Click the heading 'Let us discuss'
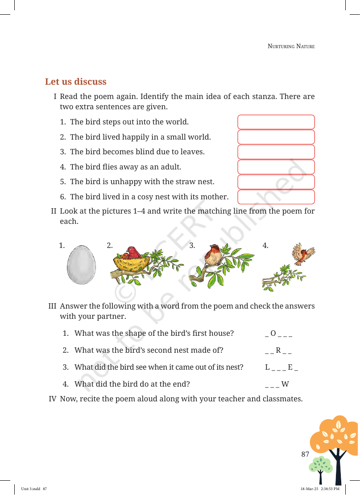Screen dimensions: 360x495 pyautogui.click(x=75, y=82)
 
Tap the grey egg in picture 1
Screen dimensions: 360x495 pyautogui.click(x=81, y=264)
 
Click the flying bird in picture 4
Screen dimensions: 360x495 pyautogui.click(x=303, y=253)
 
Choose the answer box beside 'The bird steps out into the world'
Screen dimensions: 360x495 pyautogui.click(x=276, y=122)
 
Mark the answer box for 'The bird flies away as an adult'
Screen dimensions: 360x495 pyautogui.click(x=276, y=167)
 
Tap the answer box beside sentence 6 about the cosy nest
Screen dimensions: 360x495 pyautogui.click(x=276, y=197)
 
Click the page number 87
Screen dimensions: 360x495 pyautogui.click(x=305, y=454)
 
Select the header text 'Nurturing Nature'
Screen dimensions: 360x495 pyautogui.click(x=291, y=46)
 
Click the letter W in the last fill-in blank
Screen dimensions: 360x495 pyautogui.click(x=285, y=384)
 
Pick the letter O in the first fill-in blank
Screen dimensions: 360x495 pyautogui.click(x=273, y=333)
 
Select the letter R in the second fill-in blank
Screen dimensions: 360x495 pyautogui.click(x=278, y=350)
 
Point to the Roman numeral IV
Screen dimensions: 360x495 pyautogui.click(x=53, y=399)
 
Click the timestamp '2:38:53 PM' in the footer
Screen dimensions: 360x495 pyautogui.click(x=330, y=489)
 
